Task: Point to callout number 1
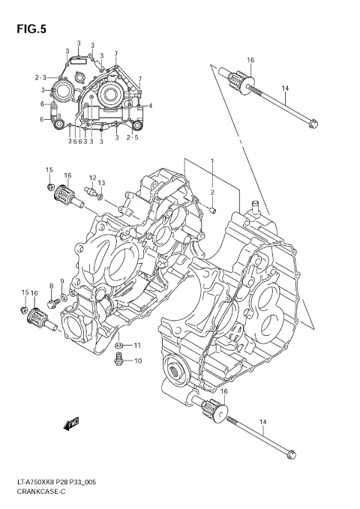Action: coord(212,161)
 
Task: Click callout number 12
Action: coord(92,178)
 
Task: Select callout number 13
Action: coord(102,183)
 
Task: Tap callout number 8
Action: coord(52,286)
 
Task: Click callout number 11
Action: coord(137,345)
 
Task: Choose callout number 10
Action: coord(137,361)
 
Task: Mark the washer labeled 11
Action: coord(119,346)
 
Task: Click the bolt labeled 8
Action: coord(52,303)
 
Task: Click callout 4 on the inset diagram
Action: coord(150,106)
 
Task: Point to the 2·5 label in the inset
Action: coord(132,138)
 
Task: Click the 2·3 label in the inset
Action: coord(40,77)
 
